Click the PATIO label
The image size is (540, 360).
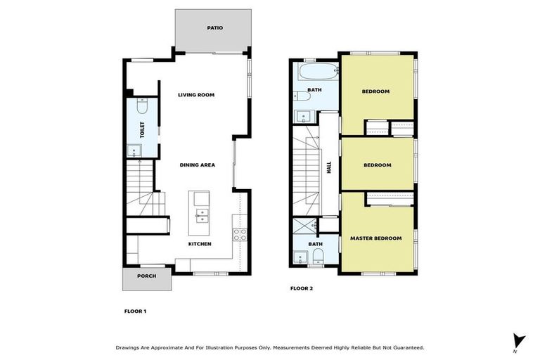pos(214,28)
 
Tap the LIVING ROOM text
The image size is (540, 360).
pos(196,94)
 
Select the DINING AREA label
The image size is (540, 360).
pos(198,165)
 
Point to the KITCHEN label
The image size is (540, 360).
pos(200,244)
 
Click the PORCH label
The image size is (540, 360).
pos(147,276)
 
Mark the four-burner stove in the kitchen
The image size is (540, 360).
pos(240,235)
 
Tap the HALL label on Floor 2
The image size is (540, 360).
pos(329,167)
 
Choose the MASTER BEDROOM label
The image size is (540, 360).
pos(376,239)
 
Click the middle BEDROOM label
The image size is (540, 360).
pos(377,165)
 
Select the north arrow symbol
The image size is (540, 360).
pos(519,340)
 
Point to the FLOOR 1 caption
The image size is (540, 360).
pos(135,311)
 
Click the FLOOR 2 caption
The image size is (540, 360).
pos(302,288)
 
